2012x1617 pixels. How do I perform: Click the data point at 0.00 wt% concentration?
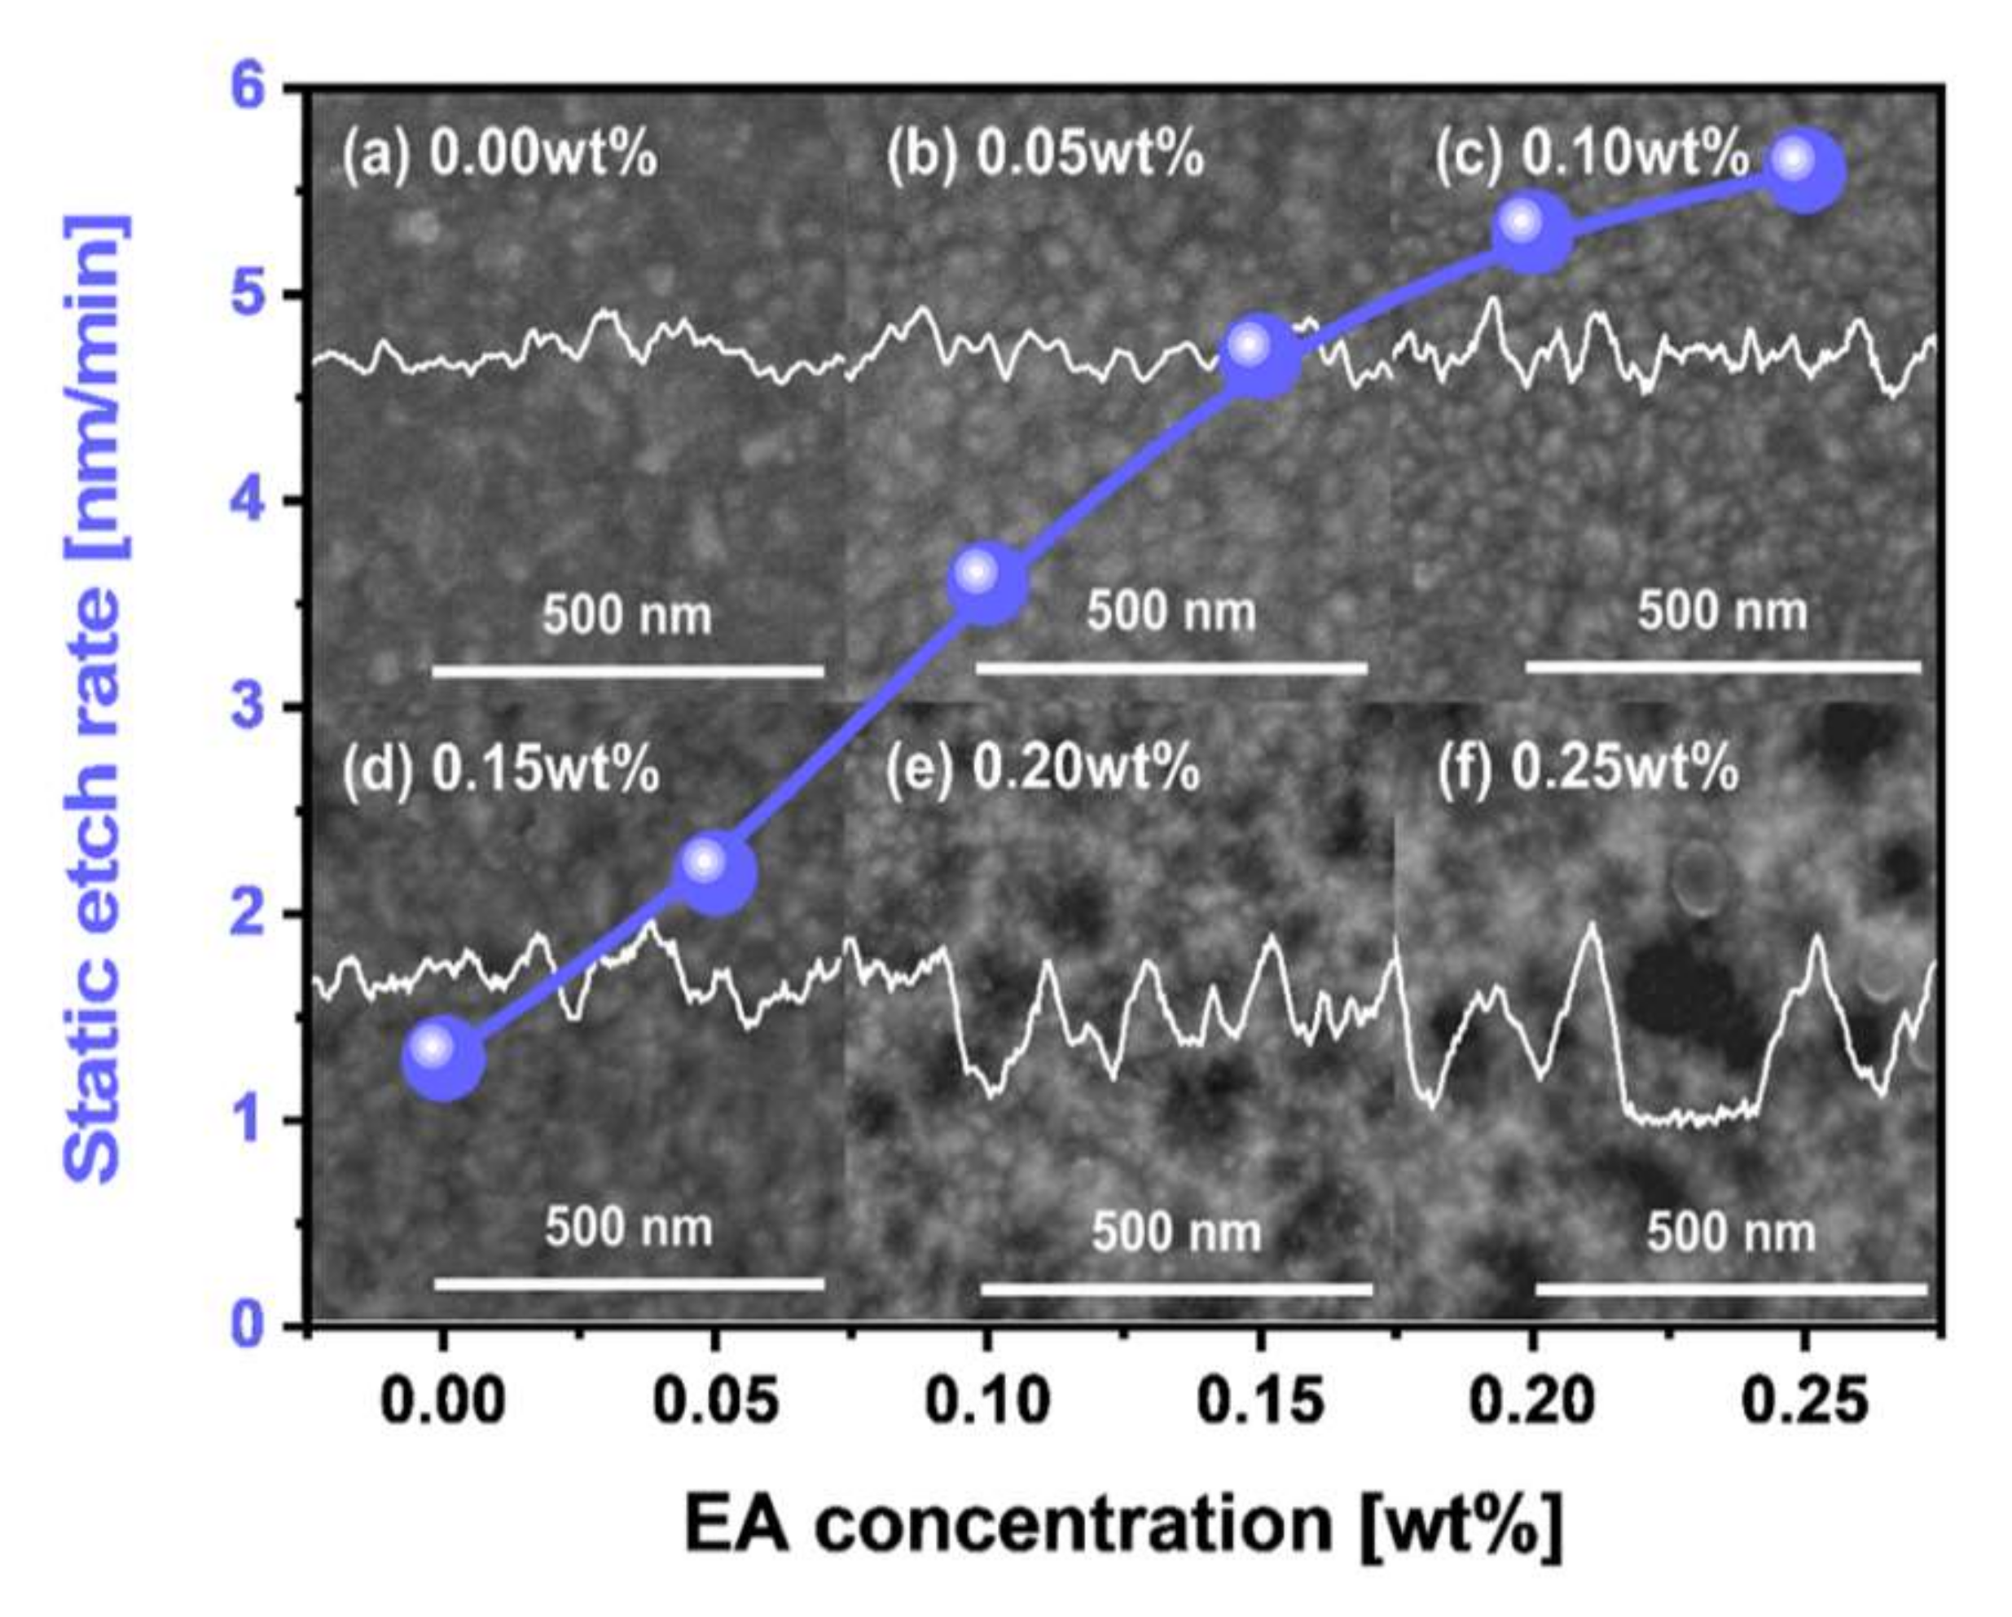pyautogui.click(x=442, y=1057)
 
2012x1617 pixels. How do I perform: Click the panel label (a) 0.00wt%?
pyautogui.click(x=499, y=155)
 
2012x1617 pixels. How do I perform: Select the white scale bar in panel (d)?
pyautogui.click(x=629, y=1285)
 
